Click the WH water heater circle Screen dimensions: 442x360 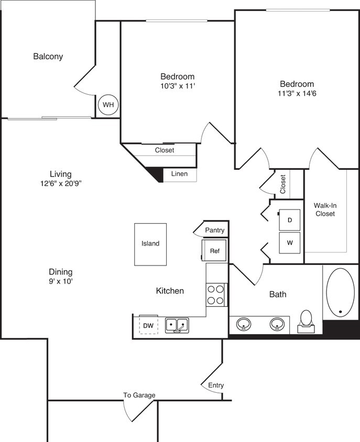(108, 105)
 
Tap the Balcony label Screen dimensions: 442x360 (48, 57)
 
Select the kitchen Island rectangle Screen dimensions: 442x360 (150, 244)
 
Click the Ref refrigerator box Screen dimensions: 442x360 (214, 251)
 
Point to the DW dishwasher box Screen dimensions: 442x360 (149, 326)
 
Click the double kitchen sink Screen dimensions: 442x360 (177, 325)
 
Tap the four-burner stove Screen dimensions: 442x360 (215, 294)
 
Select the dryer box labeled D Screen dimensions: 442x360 (289, 220)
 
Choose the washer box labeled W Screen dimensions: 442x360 (289, 243)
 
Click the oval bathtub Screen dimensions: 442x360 (340, 293)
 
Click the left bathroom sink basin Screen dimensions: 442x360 (243, 325)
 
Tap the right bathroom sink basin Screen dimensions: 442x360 (278, 325)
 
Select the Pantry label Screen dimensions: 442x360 (215, 230)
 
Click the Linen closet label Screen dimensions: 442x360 (179, 174)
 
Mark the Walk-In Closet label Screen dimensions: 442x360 (324, 209)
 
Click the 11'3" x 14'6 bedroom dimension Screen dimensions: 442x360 (297, 95)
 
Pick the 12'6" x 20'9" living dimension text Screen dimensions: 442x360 (60, 183)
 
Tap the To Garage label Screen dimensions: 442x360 (139, 395)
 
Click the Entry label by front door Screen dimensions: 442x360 (216, 385)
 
